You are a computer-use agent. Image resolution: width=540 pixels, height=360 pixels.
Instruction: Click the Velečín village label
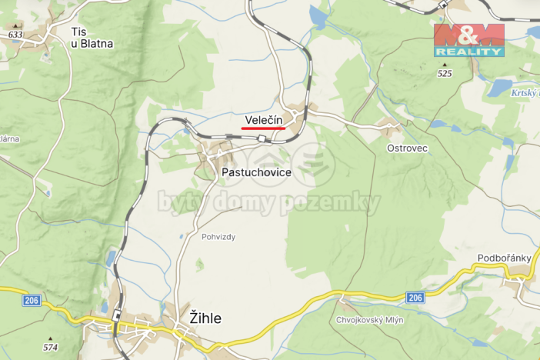pyautogui.click(x=264, y=119)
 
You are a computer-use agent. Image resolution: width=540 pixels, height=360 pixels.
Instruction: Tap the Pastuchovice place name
pyautogui.click(x=256, y=172)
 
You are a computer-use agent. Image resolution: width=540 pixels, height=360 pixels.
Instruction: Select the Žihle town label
pyautogui.click(x=205, y=317)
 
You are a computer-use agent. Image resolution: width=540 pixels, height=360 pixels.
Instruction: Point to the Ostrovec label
pyautogui.click(x=408, y=148)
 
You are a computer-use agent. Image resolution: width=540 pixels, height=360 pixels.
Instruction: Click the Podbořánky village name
pyautogui.click(x=499, y=258)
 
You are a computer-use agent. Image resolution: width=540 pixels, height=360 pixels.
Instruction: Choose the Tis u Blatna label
pyautogui.click(x=91, y=38)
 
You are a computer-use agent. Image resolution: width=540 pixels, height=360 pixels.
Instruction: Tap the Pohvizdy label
pyautogui.click(x=218, y=236)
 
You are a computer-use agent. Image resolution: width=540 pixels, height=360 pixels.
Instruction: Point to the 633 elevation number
pyautogui.click(x=15, y=35)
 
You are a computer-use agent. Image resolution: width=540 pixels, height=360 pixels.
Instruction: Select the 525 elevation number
pyautogui.click(x=444, y=74)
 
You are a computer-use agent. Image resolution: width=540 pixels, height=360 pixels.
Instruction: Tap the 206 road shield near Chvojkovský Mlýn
pyautogui.click(x=415, y=298)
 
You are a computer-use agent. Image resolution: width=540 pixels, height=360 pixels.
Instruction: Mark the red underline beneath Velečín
pyautogui.click(x=264, y=128)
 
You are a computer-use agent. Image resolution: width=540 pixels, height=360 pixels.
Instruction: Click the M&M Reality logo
pyautogui.click(x=468, y=39)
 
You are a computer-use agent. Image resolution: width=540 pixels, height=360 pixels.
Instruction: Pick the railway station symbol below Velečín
pyautogui.click(x=262, y=138)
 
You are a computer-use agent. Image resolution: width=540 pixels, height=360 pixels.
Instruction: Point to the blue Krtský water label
pyautogui.click(x=525, y=93)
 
